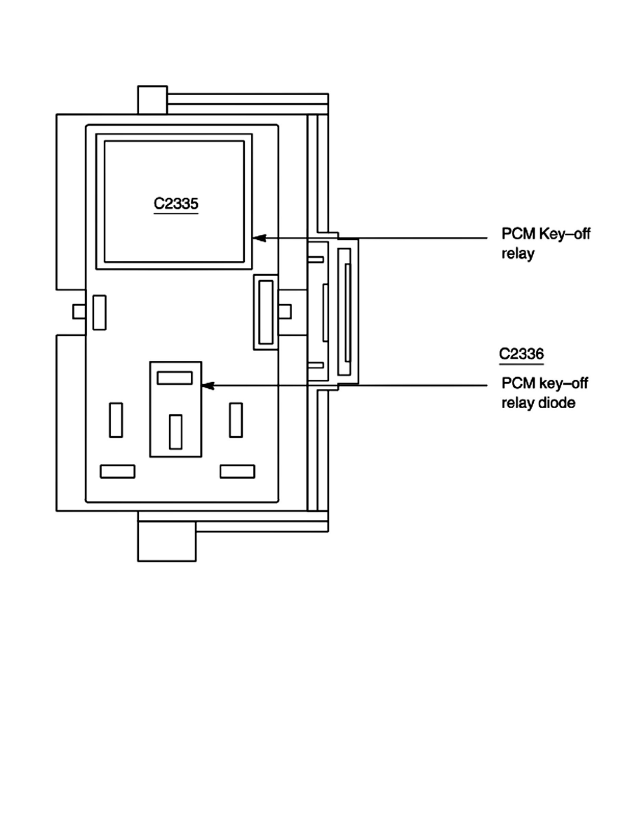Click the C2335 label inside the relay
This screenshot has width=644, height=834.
click(176, 204)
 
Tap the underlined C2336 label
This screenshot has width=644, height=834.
click(521, 354)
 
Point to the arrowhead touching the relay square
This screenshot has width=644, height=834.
click(257, 238)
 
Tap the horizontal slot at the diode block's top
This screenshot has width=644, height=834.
click(175, 378)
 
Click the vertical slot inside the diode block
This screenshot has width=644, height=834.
click(175, 432)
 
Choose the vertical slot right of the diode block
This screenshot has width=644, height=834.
click(236, 421)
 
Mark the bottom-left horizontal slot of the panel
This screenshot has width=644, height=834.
click(117, 471)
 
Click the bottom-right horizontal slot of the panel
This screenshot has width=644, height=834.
click(237, 471)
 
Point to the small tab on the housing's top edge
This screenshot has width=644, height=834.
click(152, 99)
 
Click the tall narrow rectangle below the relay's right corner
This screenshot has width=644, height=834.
click(265, 312)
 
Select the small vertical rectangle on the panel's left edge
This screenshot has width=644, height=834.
click(100, 312)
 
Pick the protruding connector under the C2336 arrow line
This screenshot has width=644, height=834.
click(345, 310)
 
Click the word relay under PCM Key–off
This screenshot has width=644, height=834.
click(518, 254)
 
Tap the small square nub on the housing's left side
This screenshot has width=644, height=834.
click(80, 310)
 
